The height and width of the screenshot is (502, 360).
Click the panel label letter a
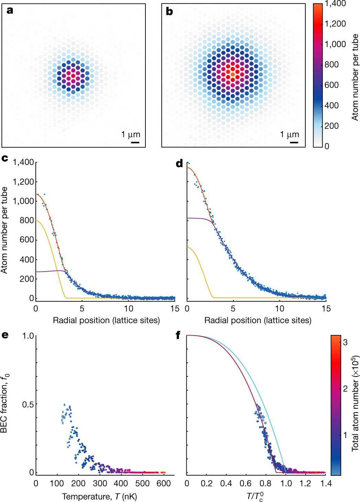coord(10,10)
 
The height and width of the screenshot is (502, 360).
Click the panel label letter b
coord(169,12)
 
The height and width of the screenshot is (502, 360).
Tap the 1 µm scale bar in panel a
coord(135,142)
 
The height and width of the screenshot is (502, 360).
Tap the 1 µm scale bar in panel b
coord(294,142)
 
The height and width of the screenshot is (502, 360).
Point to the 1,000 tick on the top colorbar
coord(335,44)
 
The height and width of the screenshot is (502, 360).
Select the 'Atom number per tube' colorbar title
coord(355,77)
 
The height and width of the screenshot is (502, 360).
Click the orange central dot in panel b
coord(233,74)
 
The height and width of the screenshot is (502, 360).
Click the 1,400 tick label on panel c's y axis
coord(23,162)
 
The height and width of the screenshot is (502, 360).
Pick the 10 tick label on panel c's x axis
coord(129,308)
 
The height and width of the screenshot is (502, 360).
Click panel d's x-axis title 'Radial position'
coord(258,320)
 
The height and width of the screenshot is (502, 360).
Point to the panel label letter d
coord(179,163)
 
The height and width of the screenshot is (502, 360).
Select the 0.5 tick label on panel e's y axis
coord(28,404)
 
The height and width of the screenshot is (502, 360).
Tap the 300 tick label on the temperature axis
coord(100,483)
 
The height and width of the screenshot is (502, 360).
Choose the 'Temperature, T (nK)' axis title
coord(99,496)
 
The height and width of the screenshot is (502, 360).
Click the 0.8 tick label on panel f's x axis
coord(265,483)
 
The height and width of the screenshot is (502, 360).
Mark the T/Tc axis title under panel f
coord(255,496)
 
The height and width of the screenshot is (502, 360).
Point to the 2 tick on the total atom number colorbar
coord(345,389)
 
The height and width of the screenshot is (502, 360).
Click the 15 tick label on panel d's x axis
coord(326,308)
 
